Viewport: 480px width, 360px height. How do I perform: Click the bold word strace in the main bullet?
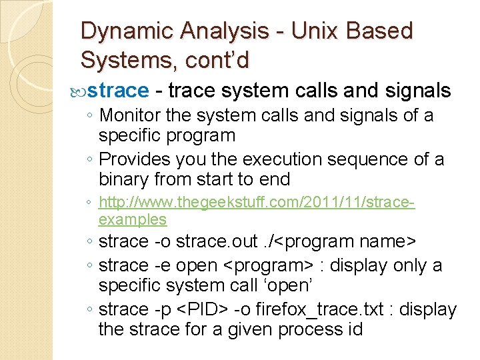click(118, 91)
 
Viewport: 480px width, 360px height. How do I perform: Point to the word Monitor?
click(130, 115)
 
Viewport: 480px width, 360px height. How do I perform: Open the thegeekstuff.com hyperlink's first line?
click(257, 201)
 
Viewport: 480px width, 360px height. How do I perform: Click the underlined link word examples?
click(132, 219)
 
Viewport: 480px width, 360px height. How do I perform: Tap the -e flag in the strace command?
click(161, 265)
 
